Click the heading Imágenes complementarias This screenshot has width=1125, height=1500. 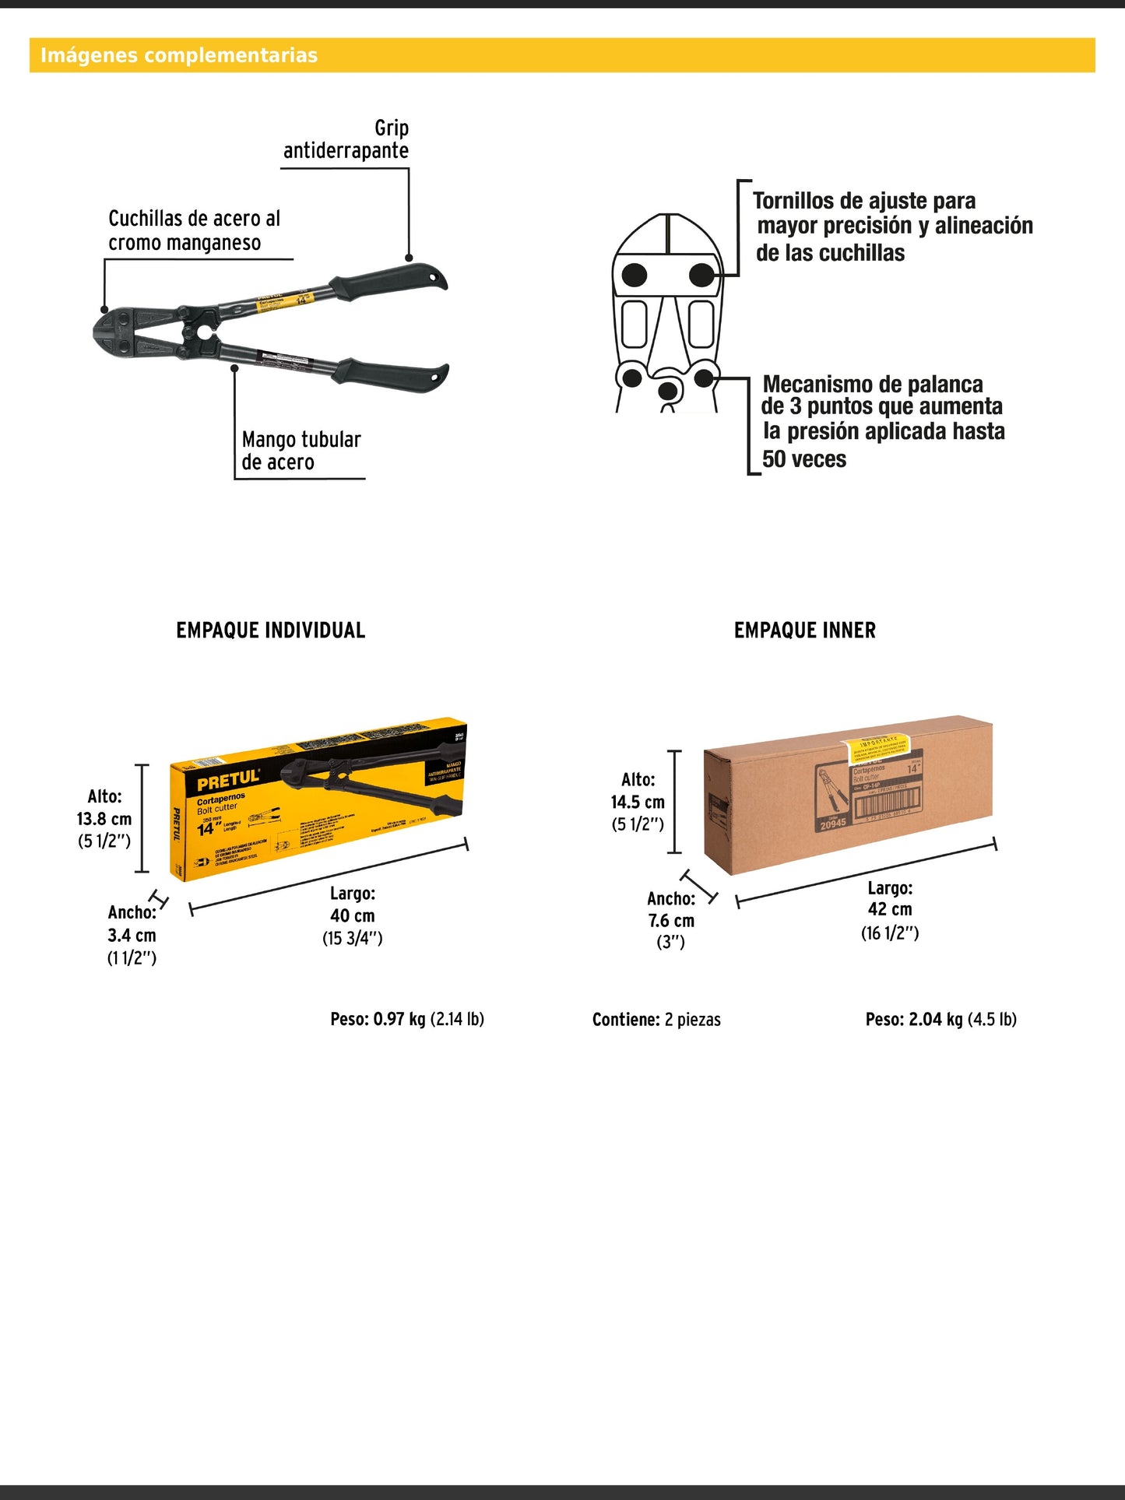(179, 55)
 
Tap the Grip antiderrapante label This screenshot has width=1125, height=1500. (346, 139)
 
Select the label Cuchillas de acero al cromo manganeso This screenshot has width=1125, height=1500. (194, 230)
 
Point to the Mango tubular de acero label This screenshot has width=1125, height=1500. (301, 451)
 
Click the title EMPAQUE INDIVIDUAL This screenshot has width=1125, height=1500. (270, 631)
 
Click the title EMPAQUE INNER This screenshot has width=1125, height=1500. (804, 631)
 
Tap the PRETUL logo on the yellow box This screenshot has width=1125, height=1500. (227, 779)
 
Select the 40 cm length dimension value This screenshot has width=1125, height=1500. (352, 916)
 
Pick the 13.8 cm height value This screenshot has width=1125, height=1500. (104, 819)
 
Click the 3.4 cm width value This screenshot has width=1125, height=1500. (132, 936)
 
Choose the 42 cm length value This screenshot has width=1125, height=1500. (890, 909)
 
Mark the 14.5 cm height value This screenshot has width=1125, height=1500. (638, 803)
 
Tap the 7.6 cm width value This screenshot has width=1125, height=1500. (671, 921)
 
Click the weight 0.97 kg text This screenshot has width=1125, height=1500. (406, 1019)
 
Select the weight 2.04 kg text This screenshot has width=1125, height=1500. (940, 1019)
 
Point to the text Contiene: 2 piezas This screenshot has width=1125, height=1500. (656, 1020)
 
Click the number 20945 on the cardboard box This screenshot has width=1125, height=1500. (832, 824)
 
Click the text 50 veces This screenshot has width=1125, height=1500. (804, 459)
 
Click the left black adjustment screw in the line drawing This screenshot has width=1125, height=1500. (635, 274)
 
